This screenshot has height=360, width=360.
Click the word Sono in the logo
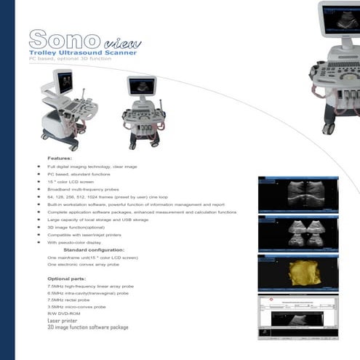60,39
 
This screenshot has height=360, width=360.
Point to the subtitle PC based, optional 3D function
70,59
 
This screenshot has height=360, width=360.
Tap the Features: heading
60,158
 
